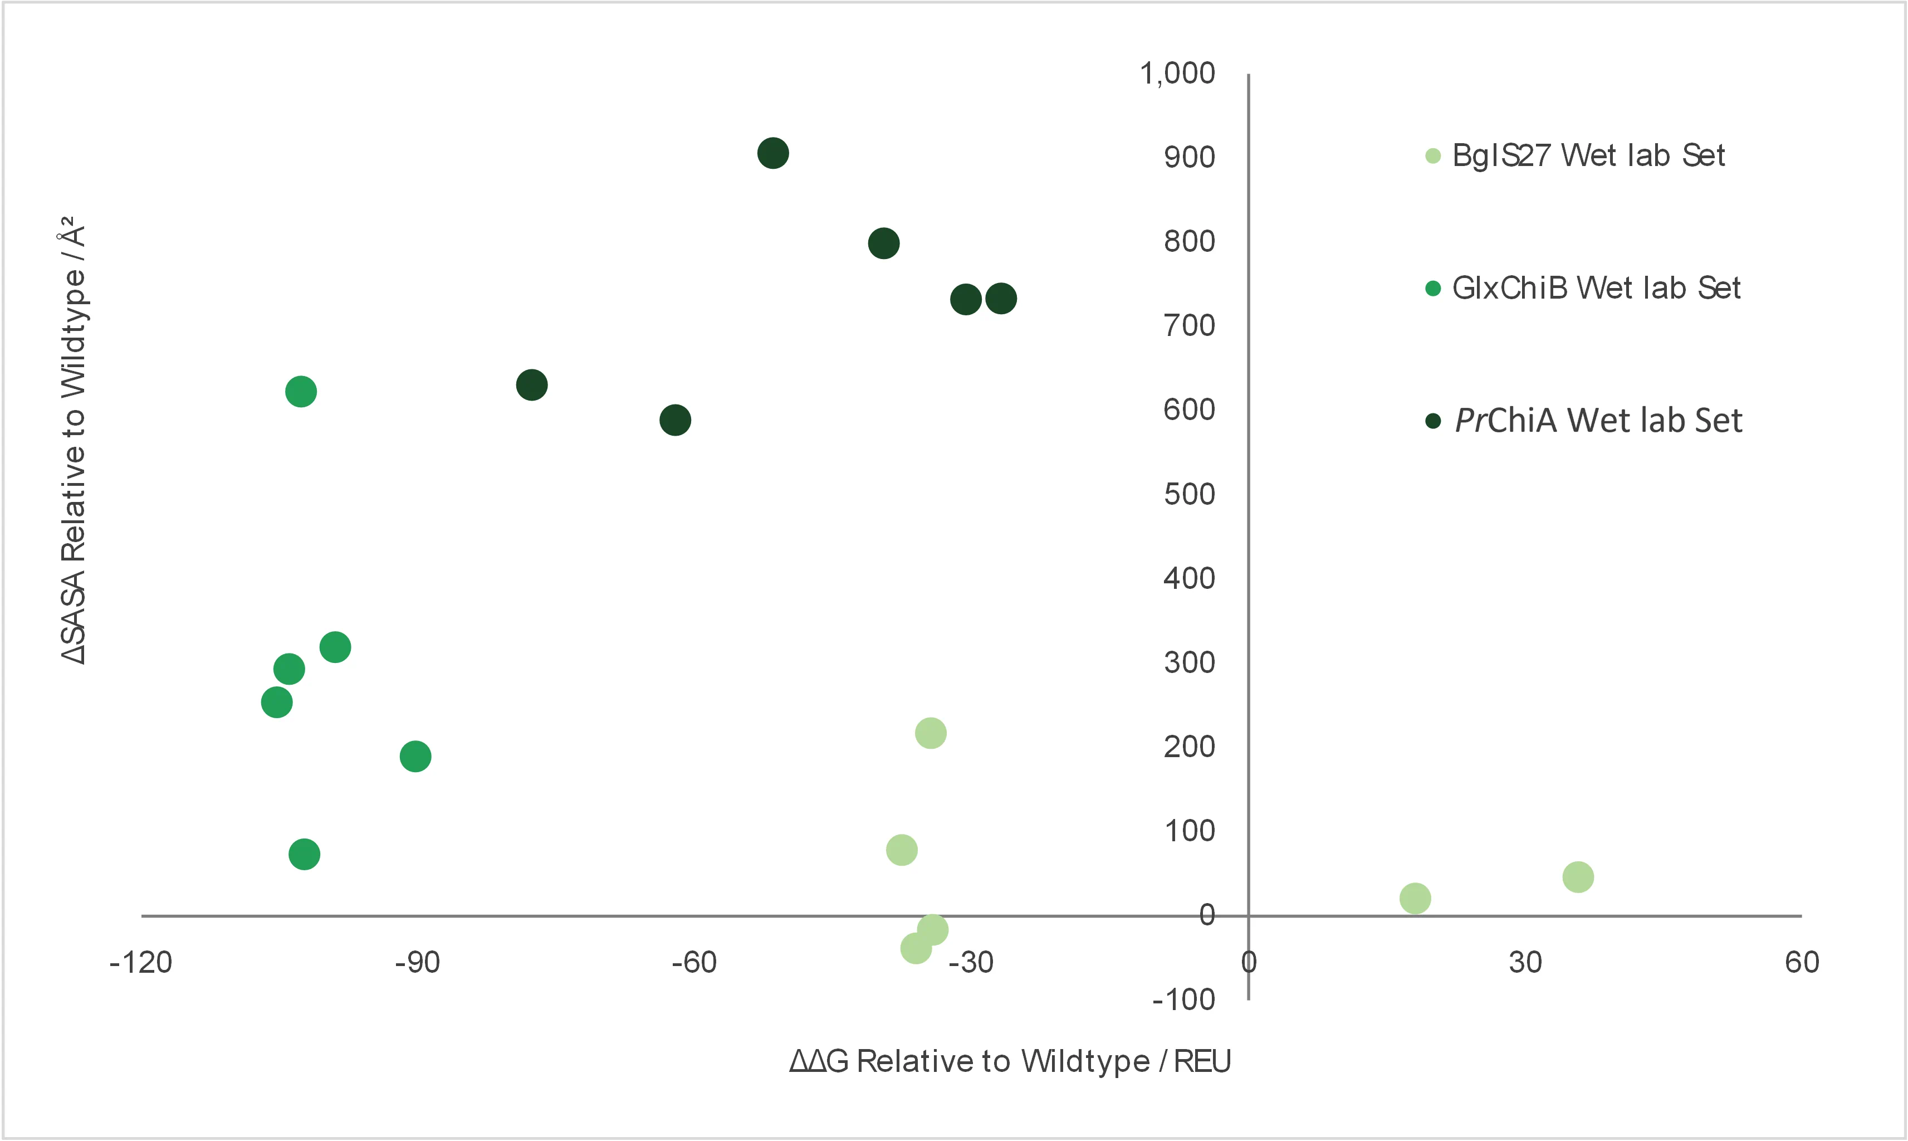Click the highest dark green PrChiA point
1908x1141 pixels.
click(772, 153)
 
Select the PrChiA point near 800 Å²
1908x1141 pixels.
click(884, 243)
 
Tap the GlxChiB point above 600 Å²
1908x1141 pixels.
click(300, 391)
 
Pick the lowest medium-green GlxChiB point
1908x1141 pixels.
click(304, 854)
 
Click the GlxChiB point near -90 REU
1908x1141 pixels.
click(415, 757)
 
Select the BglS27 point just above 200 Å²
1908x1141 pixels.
click(931, 733)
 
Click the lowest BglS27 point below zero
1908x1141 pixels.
click(916, 949)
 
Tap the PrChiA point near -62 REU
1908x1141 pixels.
click(674, 420)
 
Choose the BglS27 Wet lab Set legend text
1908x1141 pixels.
click(1588, 156)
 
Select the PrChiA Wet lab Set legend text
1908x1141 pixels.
click(1598, 421)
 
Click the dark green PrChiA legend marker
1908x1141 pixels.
click(1432, 421)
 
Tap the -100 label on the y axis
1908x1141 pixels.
click(1183, 999)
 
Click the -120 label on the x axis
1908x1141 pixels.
click(141, 963)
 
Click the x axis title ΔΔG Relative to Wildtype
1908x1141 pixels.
click(1010, 1061)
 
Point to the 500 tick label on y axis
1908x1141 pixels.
click(1189, 494)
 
